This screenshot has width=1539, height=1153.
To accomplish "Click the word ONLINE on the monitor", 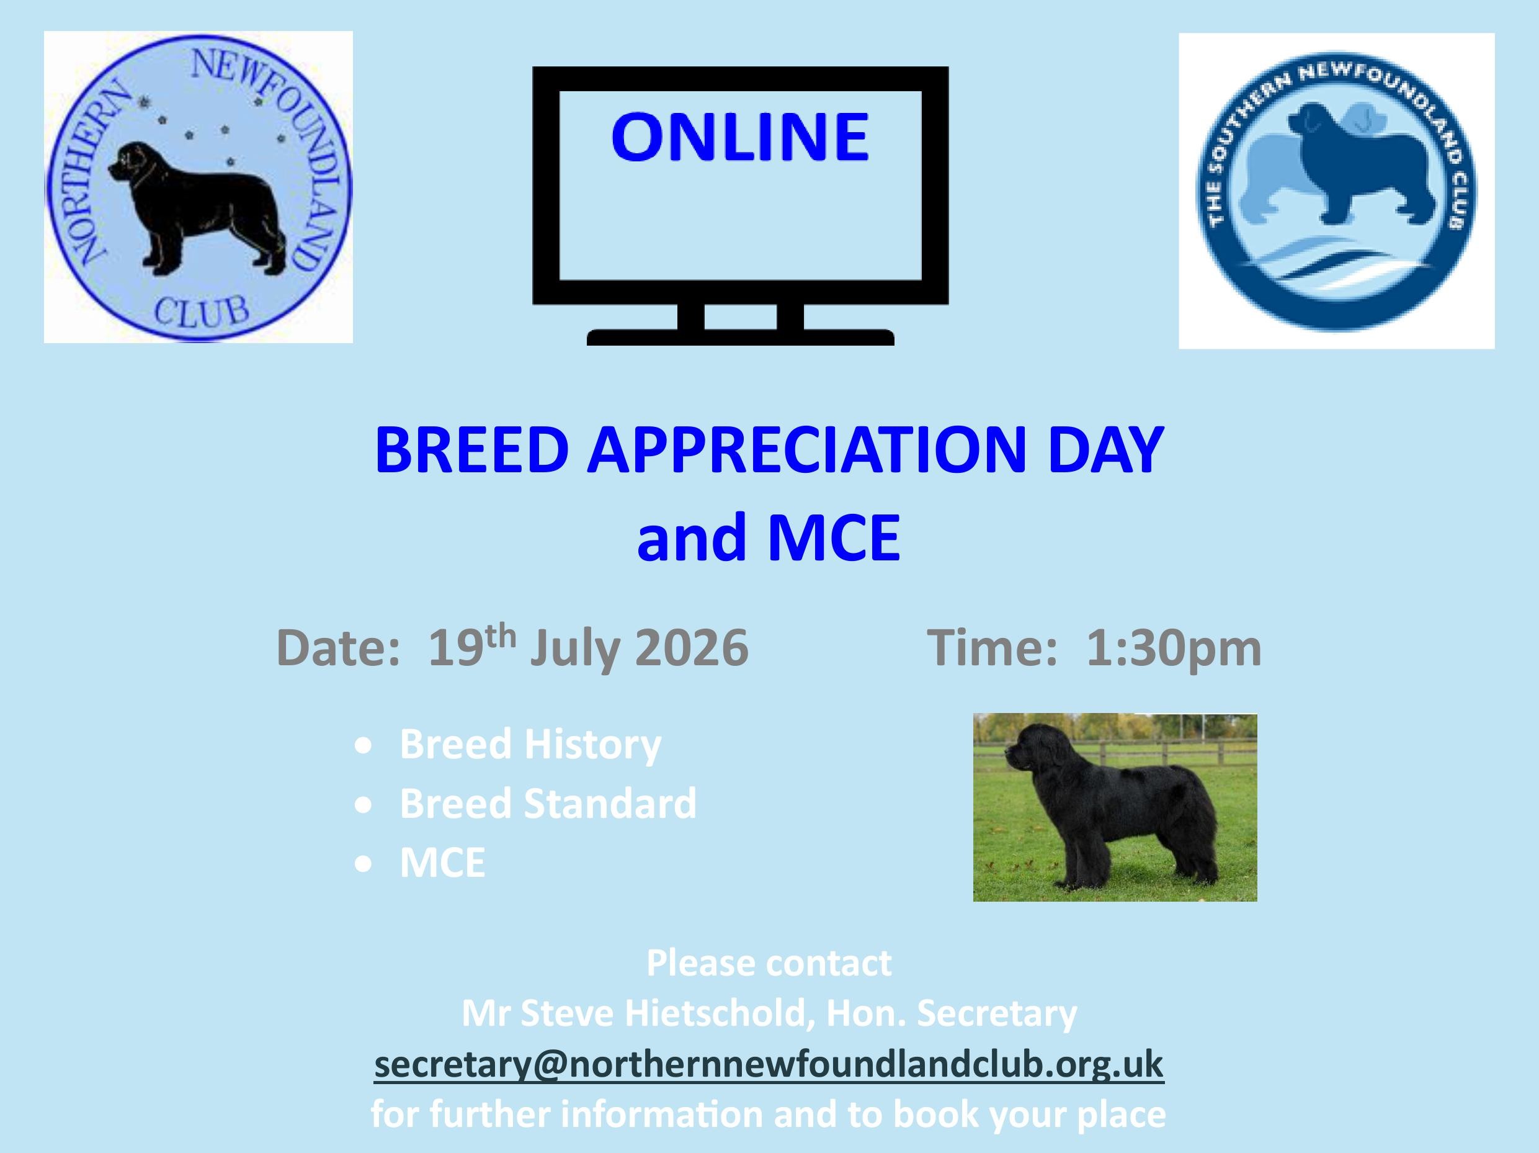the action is click(740, 137).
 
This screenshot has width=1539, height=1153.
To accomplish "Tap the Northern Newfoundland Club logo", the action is click(199, 187).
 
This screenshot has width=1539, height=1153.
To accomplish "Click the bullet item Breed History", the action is click(530, 745).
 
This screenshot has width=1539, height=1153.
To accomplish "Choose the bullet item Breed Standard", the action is click(548, 804).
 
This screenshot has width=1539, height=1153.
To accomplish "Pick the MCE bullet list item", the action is click(442, 863).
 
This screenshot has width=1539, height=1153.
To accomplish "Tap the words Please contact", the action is click(769, 963).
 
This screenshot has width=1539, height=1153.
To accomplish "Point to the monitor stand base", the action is click(740, 338).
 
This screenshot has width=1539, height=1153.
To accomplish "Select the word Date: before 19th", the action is click(338, 648).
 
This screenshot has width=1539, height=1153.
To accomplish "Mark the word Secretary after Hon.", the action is click(997, 1015).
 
